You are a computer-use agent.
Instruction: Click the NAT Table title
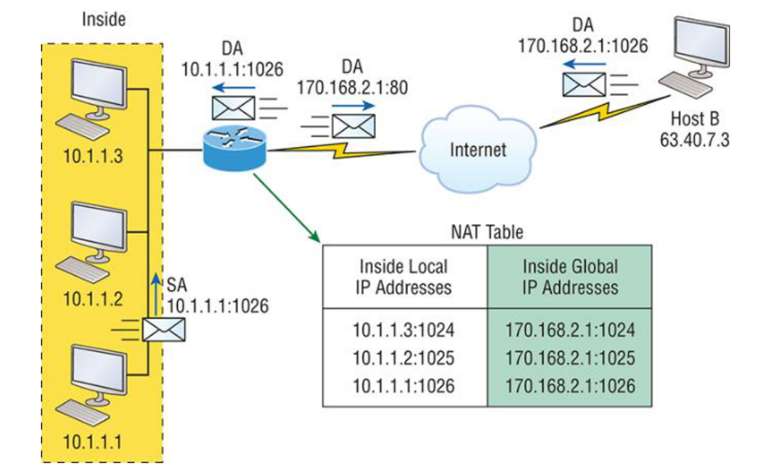coord(487,232)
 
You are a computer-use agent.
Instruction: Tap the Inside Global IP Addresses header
coord(570,276)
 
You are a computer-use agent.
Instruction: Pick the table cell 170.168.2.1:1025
coord(570,358)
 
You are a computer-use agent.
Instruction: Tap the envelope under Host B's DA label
coord(583,84)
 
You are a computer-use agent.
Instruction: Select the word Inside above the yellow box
coord(104,19)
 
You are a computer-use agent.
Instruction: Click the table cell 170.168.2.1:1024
coord(570,330)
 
